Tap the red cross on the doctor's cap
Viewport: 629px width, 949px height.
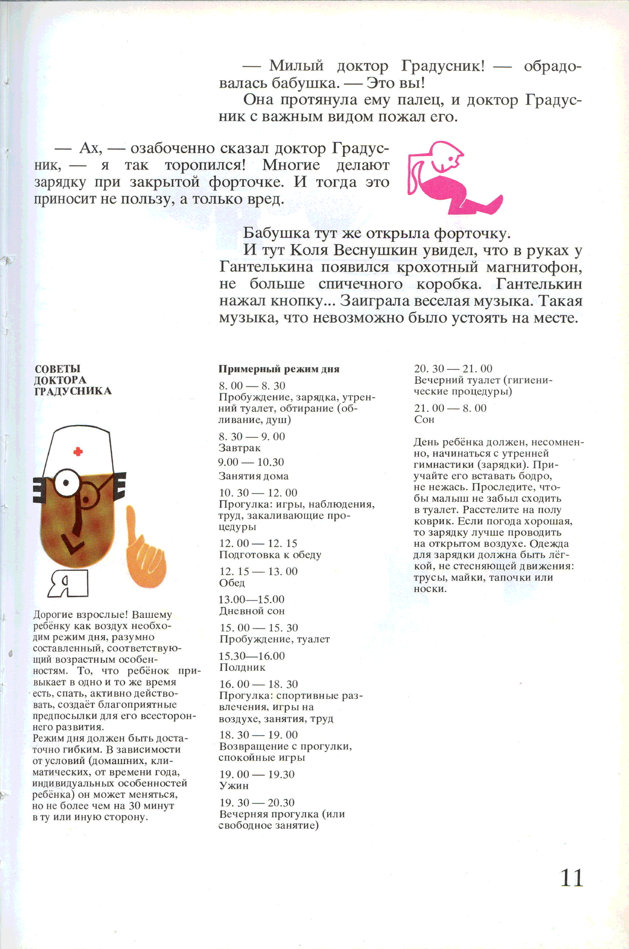coord(78,452)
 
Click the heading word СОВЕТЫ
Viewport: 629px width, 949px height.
coord(57,369)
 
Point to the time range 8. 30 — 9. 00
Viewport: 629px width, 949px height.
coord(252,437)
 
